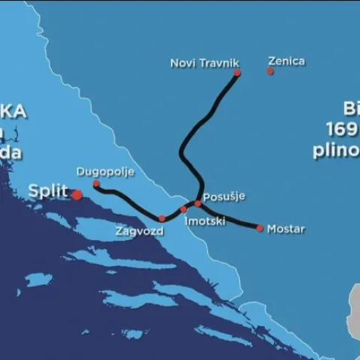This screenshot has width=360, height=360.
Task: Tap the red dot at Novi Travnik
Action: (x=237, y=73)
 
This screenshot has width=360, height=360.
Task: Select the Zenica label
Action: (x=286, y=61)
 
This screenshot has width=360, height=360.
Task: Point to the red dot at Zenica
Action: (x=270, y=71)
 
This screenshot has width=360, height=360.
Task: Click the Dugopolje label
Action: (x=105, y=172)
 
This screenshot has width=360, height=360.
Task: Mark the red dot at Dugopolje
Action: (x=96, y=184)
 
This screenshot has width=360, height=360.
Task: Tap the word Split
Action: (x=47, y=190)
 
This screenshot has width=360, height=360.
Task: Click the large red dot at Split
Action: (x=76, y=195)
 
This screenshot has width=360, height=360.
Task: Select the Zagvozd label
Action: (x=139, y=232)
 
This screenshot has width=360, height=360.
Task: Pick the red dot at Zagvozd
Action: (x=162, y=218)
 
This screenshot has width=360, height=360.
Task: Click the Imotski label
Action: (x=205, y=221)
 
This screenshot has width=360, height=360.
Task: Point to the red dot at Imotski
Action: (x=183, y=209)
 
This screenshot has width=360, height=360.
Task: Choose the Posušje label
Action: (x=224, y=196)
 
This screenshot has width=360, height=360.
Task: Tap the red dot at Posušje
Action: (x=198, y=203)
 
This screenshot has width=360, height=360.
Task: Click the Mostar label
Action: (x=286, y=229)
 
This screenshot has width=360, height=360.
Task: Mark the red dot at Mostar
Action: (x=260, y=228)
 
